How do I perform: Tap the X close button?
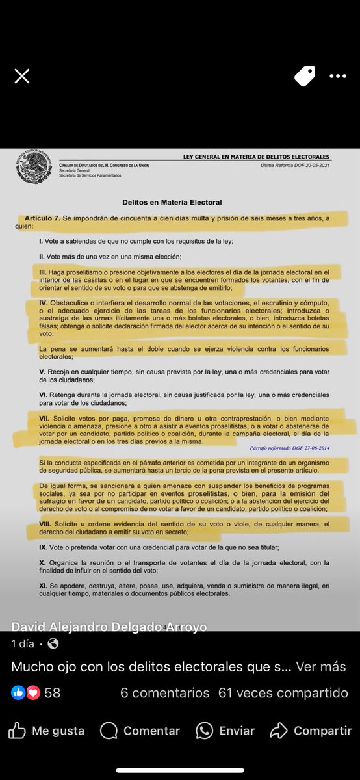[22, 76]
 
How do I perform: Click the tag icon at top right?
[304, 76]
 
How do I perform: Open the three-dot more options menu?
[338, 76]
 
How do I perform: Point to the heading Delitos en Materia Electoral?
[172, 203]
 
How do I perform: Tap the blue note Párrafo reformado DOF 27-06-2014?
[289, 448]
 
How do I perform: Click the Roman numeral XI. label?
[44, 586]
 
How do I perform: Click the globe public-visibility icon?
[53, 643]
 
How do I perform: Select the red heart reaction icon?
[33, 693]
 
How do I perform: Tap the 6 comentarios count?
[164, 693]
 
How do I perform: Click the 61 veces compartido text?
[283, 693]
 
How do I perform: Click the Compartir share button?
[311, 731]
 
